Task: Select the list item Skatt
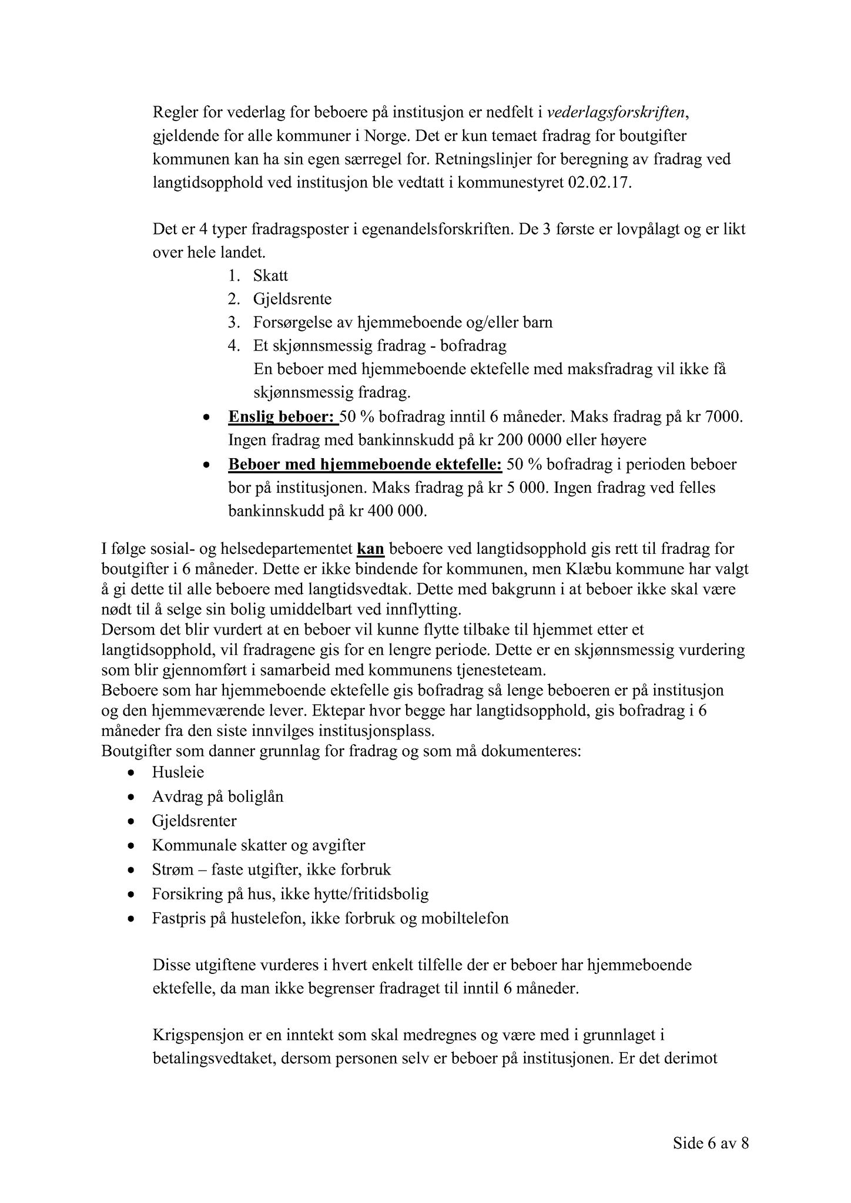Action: click(270, 275)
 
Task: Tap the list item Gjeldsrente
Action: click(292, 299)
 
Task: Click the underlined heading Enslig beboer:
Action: click(283, 418)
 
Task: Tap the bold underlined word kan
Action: click(370, 549)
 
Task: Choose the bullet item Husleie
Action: click(177, 772)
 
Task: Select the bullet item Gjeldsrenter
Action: click(194, 821)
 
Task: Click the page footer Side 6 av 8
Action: click(711, 1144)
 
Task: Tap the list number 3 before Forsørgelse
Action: click(233, 322)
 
